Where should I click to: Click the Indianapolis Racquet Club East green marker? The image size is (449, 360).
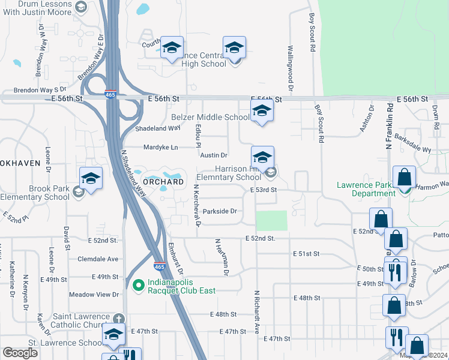137,285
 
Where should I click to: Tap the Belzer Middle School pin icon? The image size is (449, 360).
262,112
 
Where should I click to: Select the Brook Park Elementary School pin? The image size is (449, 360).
91,179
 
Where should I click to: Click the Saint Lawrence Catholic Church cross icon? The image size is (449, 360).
119,317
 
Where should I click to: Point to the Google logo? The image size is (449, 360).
20,353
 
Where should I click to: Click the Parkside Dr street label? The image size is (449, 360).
220,211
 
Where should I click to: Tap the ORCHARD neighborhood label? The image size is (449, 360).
163,181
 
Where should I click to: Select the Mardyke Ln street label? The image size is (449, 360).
161,147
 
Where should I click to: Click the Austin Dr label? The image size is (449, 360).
214,155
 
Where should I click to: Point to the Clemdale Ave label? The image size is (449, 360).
98,259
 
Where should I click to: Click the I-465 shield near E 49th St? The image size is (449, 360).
159,266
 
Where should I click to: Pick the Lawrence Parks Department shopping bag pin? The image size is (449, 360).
405,178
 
